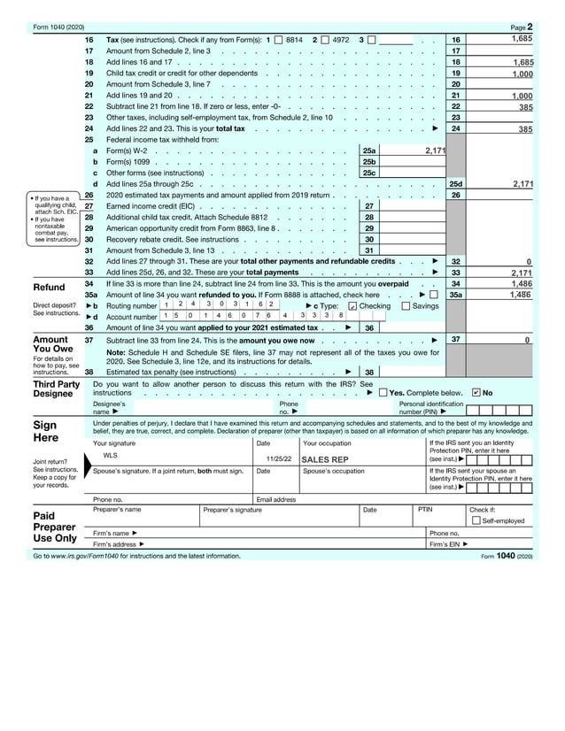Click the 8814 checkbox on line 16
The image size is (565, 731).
tap(279, 41)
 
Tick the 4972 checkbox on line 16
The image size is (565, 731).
tap(325, 41)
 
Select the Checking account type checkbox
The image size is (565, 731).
tap(353, 306)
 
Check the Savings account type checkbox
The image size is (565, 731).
tap(406, 306)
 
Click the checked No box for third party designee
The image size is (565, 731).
tap(476, 392)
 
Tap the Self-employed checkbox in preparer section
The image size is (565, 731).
tap(476, 521)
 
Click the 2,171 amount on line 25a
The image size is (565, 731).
tap(435, 151)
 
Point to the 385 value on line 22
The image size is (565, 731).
tap(525, 107)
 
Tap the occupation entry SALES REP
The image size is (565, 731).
tap(325, 460)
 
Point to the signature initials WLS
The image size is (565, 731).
tap(111, 456)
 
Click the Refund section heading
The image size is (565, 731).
tap(49, 288)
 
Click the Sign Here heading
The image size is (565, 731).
tap(45, 431)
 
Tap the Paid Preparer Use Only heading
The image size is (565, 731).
tap(54, 526)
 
